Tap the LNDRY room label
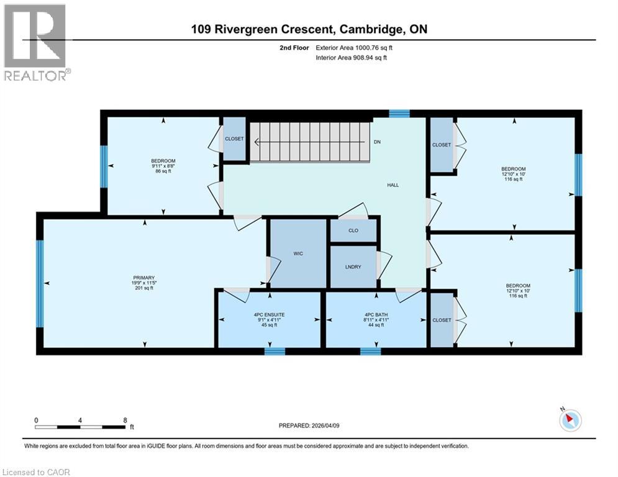[353, 267]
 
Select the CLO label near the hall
[353, 230]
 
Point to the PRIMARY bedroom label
[143, 278]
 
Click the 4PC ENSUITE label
[269, 315]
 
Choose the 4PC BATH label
[376, 315]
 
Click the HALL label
[393, 185]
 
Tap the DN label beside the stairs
[377, 142]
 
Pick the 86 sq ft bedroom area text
[163, 171]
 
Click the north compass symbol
[570, 420]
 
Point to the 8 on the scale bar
[125, 420]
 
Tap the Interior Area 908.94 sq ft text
[352, 57]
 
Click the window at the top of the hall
[399, 114]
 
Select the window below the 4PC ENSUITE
[275, 352]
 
